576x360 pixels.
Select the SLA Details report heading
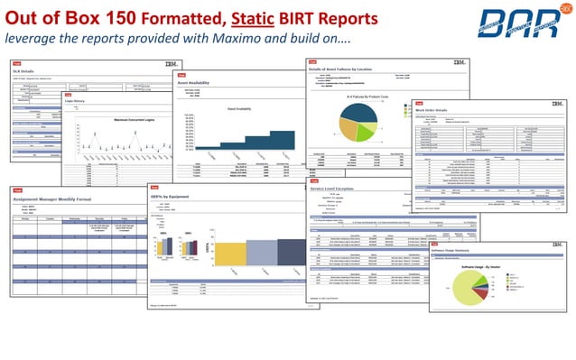coord(25,69)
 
